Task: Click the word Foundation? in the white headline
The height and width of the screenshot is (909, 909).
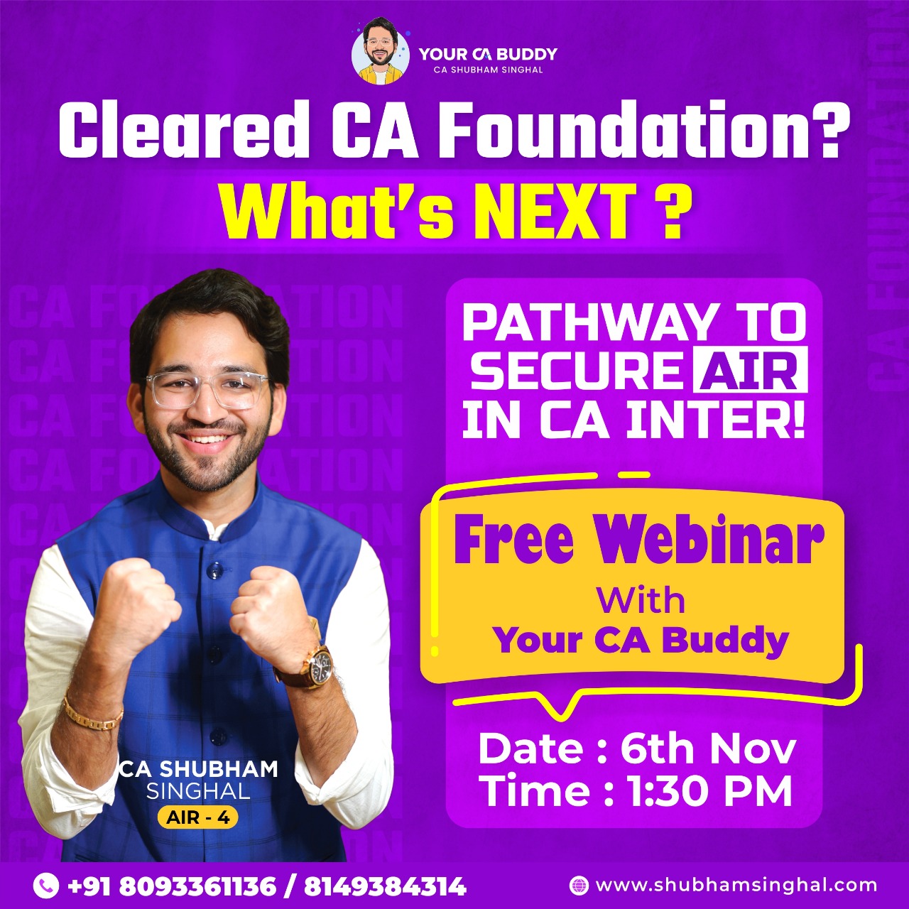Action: point(658,132)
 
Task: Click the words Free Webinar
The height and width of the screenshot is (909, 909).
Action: point(639,543)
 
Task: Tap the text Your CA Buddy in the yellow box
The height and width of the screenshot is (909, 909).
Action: point(641,640)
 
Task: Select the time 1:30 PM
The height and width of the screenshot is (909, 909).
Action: point(710,791)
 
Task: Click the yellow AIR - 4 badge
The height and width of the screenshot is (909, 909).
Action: point(197,817)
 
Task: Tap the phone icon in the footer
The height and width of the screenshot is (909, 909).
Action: point(46,885)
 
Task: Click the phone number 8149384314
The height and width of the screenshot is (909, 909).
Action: point(386,886)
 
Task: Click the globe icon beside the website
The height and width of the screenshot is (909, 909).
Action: point(579,885)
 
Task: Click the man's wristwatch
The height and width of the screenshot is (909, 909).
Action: point(317,665)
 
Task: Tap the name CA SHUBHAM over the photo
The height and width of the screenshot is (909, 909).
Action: point(198,769)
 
